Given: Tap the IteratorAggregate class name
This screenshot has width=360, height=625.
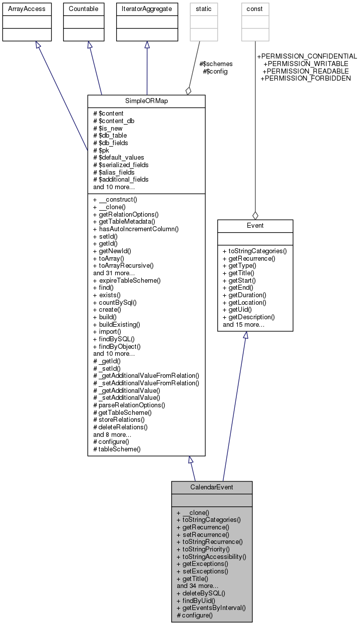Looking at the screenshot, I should (147, 9).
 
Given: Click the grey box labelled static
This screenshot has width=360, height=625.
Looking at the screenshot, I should (204, 9).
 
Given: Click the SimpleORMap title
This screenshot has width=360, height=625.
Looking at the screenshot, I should (146, 101).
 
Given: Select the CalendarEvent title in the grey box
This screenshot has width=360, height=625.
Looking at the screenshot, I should (211, 487).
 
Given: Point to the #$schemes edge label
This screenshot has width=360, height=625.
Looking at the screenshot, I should (216, 64).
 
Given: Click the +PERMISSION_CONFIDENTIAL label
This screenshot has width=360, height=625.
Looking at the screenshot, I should (306, 57).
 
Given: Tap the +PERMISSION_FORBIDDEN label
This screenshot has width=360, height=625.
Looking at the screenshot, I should (305, 78).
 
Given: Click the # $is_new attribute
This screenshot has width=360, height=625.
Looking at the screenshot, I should (108, 128).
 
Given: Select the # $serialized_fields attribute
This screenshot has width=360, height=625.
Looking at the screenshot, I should (121, 165).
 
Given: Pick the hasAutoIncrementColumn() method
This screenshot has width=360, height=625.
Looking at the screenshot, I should (136, 229).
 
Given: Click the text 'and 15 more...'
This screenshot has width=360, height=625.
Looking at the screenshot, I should (244, 325).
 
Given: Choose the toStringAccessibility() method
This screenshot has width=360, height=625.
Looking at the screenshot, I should (211, 556).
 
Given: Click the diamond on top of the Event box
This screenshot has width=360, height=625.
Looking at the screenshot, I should (255, 215).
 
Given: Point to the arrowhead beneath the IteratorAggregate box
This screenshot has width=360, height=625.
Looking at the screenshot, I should (147, 45).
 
